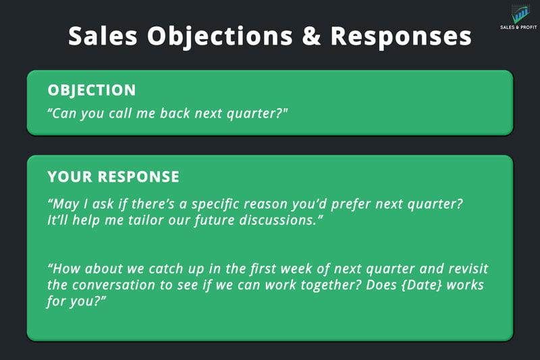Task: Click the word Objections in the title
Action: [x=220, y=36]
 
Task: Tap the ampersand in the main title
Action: [x=311, y=36]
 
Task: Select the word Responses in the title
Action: [x=401, y=36]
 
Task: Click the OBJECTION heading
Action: [x=92, y=91]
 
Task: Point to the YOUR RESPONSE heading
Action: [x=113, y=177]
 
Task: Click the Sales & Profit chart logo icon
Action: [x=520, y=14]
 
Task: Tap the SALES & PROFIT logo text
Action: [x=518, y=27]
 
